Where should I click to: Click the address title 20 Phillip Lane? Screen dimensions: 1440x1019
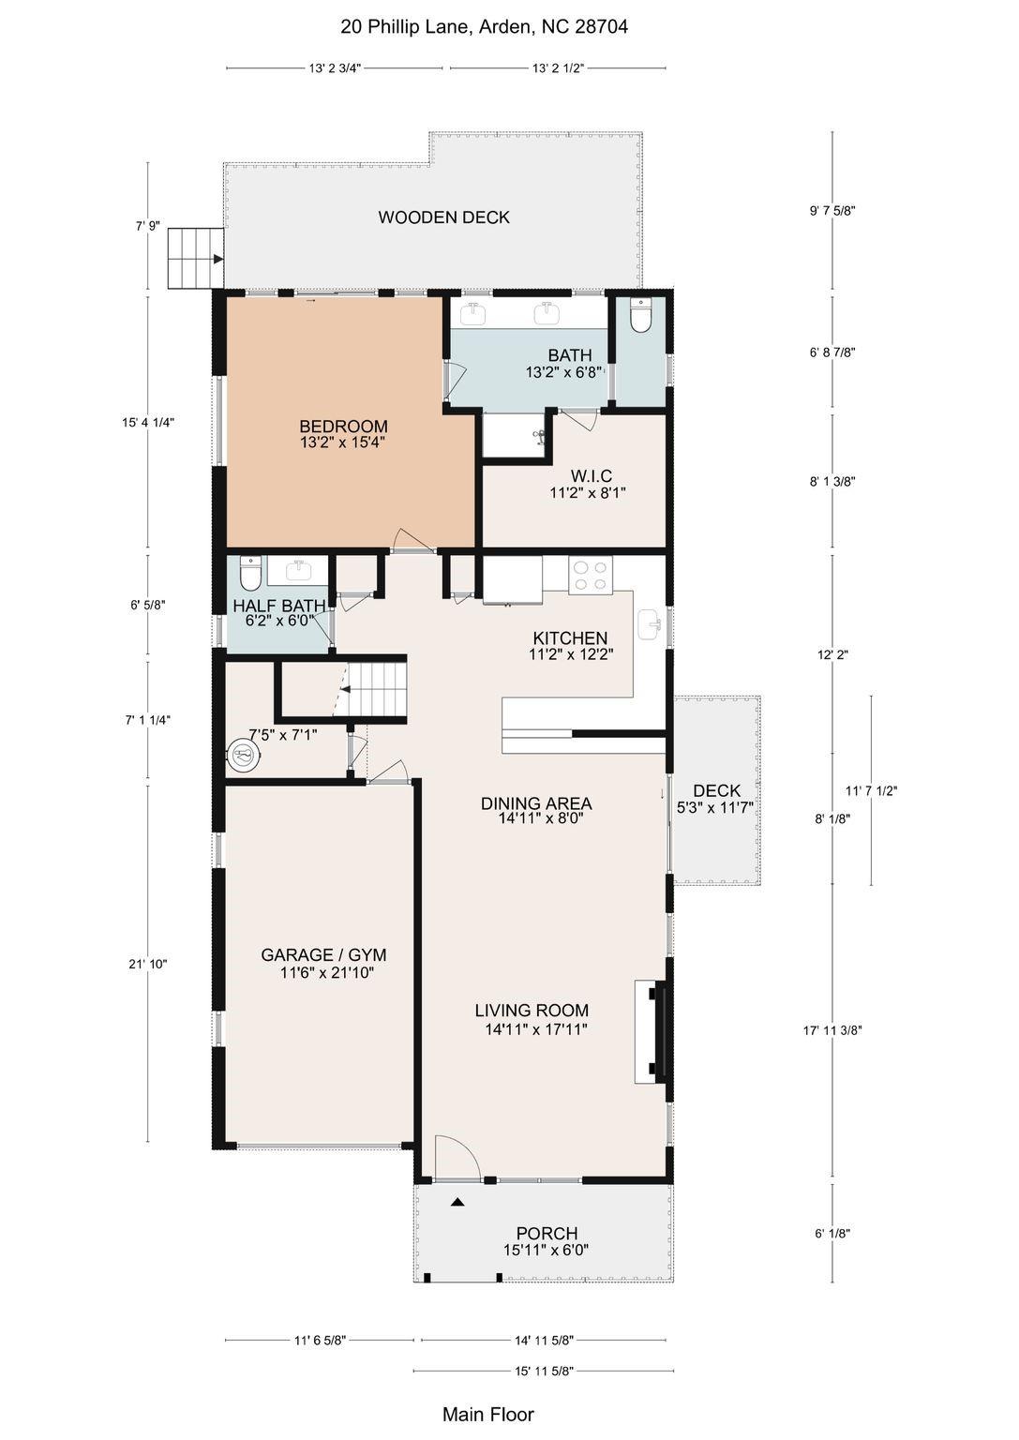(x=484, y=27)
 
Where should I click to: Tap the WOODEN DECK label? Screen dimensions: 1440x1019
(x=443, y=217)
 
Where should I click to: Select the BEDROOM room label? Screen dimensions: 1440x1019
(x=343, y=427)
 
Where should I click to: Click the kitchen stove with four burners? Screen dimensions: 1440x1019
(x=591, y=574)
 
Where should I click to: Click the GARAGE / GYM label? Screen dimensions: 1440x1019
(x=323, y=955)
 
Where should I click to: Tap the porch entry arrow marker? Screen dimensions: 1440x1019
(x=457, y=1202)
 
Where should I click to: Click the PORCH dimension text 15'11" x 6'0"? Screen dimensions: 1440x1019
(x=547, y=1251)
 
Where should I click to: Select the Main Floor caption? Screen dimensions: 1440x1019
(x=487, y=1414)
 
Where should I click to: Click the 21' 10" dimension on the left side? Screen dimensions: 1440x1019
(x=147, y=964)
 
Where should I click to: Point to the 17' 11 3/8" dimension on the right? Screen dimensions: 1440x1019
(x=832, y=1029)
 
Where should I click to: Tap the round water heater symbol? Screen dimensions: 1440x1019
(x=243, y=755)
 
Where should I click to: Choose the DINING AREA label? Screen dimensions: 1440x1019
(x=536, y=803)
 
